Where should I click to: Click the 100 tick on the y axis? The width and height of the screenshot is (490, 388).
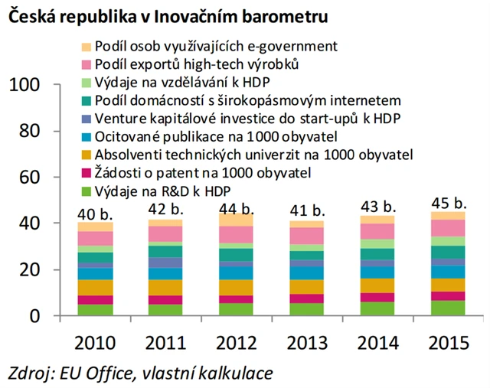[30, 86]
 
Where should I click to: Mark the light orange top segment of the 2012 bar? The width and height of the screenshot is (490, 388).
[234, 219]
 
